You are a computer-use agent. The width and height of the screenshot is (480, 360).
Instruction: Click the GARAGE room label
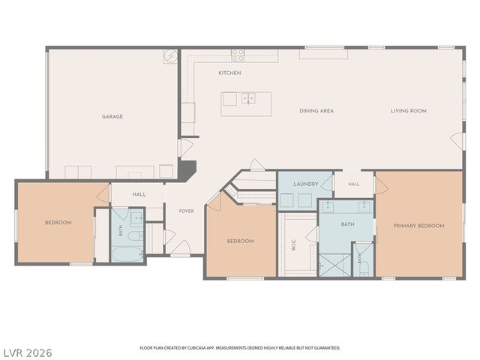pyautogui.click(x=112, y=116)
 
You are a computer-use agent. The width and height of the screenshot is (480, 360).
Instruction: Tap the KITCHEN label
pyautogui.click(x=229, y=73)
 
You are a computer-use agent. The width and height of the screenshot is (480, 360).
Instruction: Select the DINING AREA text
pyautogui.click(x=316, y=111)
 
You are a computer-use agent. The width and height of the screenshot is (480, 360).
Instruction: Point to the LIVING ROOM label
pyautogui.click(x=408, y=111)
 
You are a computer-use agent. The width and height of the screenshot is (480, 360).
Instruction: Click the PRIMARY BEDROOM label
pyautogui.click(x=418, y=226)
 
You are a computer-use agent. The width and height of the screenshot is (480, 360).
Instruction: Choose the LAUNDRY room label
pyautogui.click(x=306, y=184)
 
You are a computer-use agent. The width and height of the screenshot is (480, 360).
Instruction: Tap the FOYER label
pyautogui.click(x=187, y=211)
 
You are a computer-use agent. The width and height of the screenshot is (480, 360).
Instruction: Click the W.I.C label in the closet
pyautogui.click(x=293, y=245)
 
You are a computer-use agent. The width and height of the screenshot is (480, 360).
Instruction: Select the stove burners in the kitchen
pyautogui.click(x=238, y=55)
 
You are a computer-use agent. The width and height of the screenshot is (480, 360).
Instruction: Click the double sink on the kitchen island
pyautogui.click(x=248, y=98)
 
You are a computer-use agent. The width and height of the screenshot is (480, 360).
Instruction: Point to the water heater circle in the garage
pyautogui.click(x=170, y=56)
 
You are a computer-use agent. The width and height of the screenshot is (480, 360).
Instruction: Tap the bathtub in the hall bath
pyautogui.click(x=127, y=254)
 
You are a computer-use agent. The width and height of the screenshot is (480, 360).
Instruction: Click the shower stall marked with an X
pyautogui.click(x=335, y=265)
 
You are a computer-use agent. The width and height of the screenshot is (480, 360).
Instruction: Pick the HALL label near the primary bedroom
pyautogui.click(x=354, y=184)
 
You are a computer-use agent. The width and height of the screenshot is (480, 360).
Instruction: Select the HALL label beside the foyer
pyautogui.click(x=139, y=194)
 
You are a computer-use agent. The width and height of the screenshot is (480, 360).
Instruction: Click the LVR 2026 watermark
pyautogui.click(x=28, y=352)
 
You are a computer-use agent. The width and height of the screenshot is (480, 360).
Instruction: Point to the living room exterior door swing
pyautogui.click(x=457, y=142)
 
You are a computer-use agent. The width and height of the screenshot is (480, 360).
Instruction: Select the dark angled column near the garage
pyautogui.click(x=187, y=170)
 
